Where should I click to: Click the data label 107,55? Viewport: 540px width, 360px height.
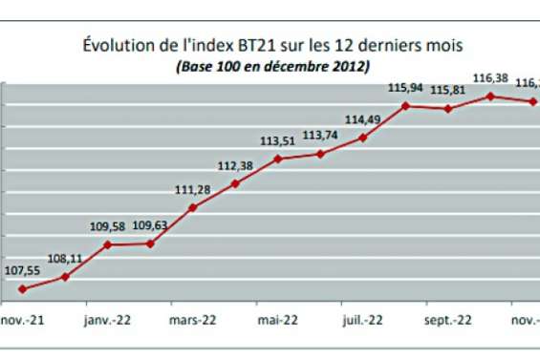[22, 271]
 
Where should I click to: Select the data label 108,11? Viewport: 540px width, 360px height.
[64, 258]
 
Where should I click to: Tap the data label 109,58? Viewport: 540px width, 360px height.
[106, 226]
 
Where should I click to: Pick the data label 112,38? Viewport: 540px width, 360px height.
[235, 165]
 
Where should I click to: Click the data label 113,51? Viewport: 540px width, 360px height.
[278, 141]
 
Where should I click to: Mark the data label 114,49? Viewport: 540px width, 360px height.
[363, 119]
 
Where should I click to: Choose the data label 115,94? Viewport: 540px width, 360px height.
[406, 88]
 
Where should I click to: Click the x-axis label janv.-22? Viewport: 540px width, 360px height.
[106, 321]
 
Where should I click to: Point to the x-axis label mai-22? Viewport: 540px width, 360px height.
[278, 321]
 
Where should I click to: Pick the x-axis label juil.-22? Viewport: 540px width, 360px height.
[363, 321]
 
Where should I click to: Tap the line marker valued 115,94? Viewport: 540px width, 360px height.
[406, 105]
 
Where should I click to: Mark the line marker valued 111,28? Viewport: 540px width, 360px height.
[193, 207]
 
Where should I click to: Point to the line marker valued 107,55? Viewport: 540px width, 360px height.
[22, 288]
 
